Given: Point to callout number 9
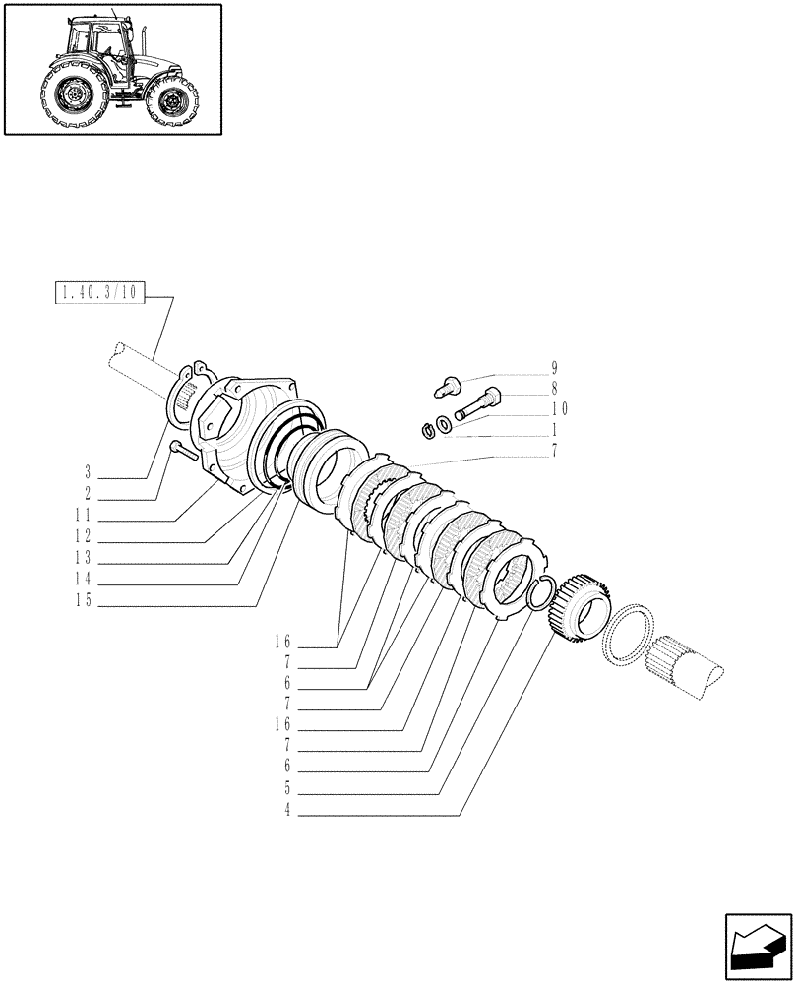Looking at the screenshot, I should tap(554, 368).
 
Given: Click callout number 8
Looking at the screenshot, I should tap(554, 388).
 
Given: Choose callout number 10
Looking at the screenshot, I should tap(558, 408).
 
